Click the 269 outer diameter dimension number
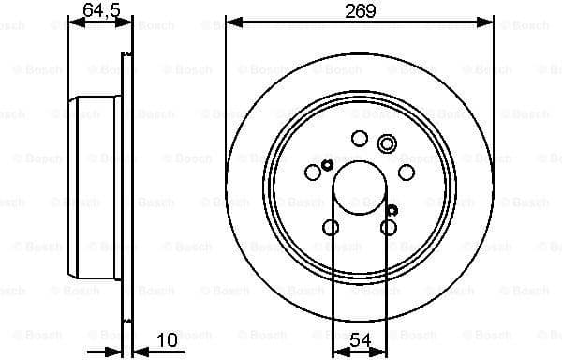360,10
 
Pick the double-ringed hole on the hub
387,143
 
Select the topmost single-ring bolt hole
360,138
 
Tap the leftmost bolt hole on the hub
313,172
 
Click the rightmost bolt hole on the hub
407,172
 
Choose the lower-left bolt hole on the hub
331,227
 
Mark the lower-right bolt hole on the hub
389,227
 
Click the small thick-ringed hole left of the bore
327,166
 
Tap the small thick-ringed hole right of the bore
392,210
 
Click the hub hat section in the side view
98,187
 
